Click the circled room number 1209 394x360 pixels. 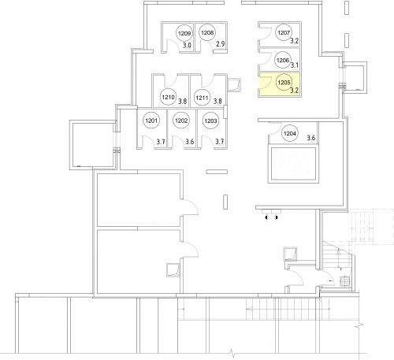pos(184,33)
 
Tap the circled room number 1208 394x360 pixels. pos(207,33)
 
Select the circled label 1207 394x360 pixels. pos(284,32)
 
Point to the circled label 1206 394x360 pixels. pos(283,60)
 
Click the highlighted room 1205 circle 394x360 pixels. pos(284,83)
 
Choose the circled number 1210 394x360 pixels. pos(168,97)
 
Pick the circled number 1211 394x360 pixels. pos(202,98)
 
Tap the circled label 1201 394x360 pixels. pos(151,121)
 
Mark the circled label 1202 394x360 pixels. pos(181,121)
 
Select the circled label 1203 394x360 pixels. pos(210,121)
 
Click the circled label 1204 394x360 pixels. pos(290,133)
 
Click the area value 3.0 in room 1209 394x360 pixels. pos(187,45)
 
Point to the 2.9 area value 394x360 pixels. pos(221,44)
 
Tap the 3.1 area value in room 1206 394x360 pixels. pos(295,65)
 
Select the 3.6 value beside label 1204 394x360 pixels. pos(311,138)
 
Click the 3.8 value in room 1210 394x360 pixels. pos(183,101)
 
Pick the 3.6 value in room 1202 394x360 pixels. pos(190,142)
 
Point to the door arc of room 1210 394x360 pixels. pos(170,82)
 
